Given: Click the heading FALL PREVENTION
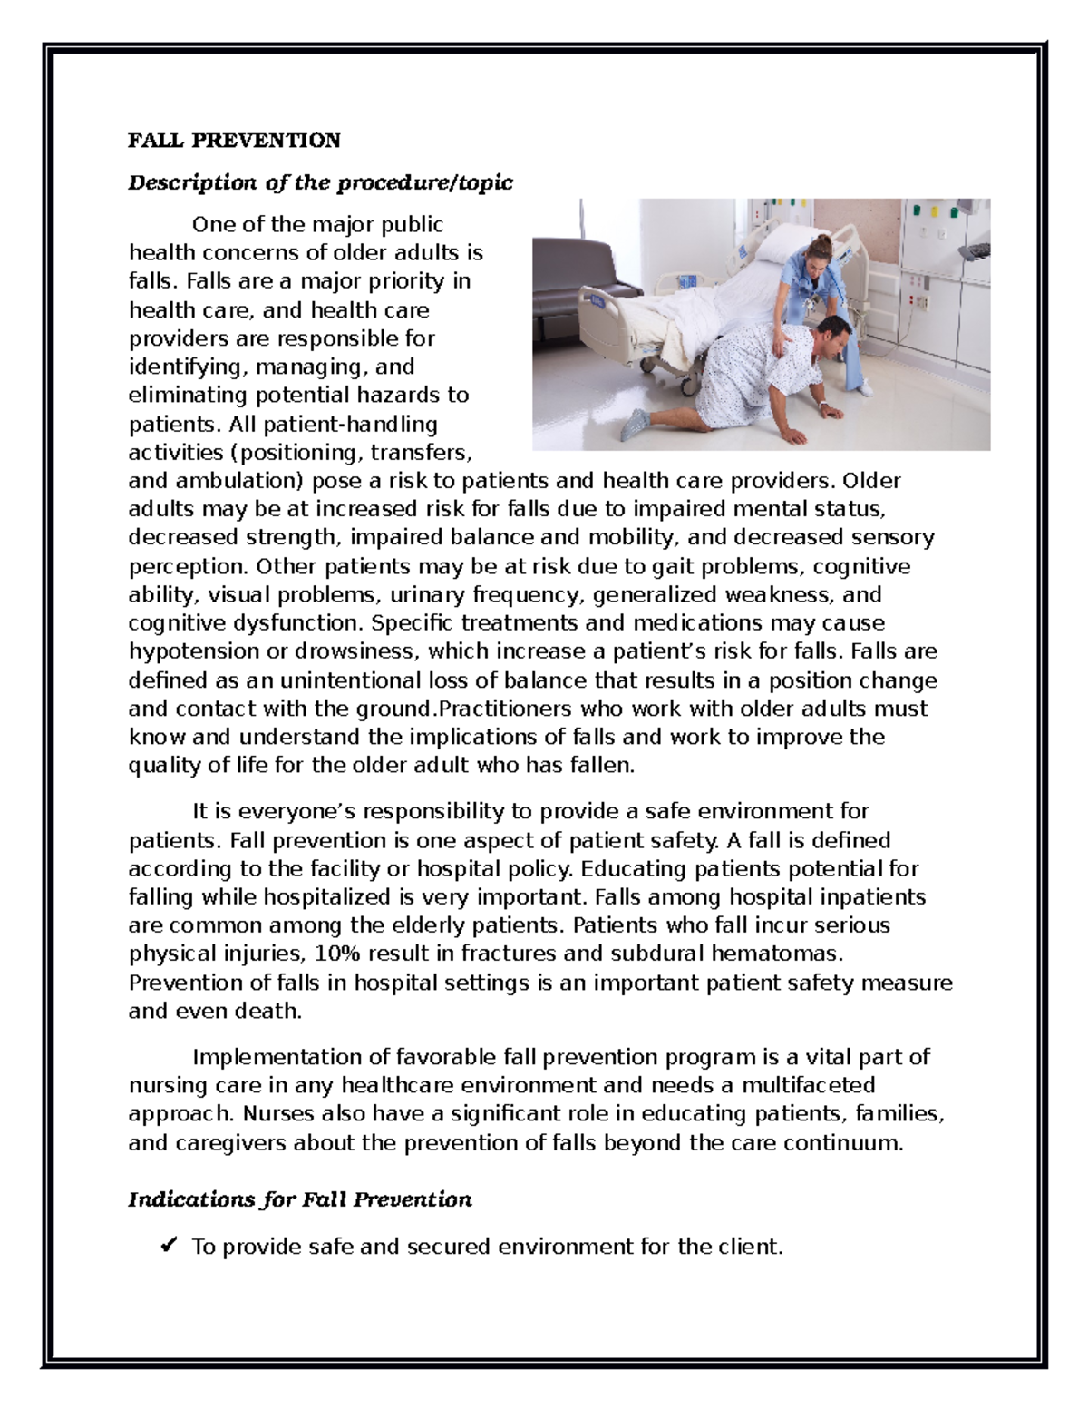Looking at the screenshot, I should pyautogui.click(x=234, y=141).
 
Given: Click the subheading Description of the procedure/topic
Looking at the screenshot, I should pyautogui.click(x=320, y=183).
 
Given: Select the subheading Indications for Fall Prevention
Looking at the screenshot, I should pyautogui.click(x=300, y=1200).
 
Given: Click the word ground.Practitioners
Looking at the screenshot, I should pyautogui.click(x=466, y=709).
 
